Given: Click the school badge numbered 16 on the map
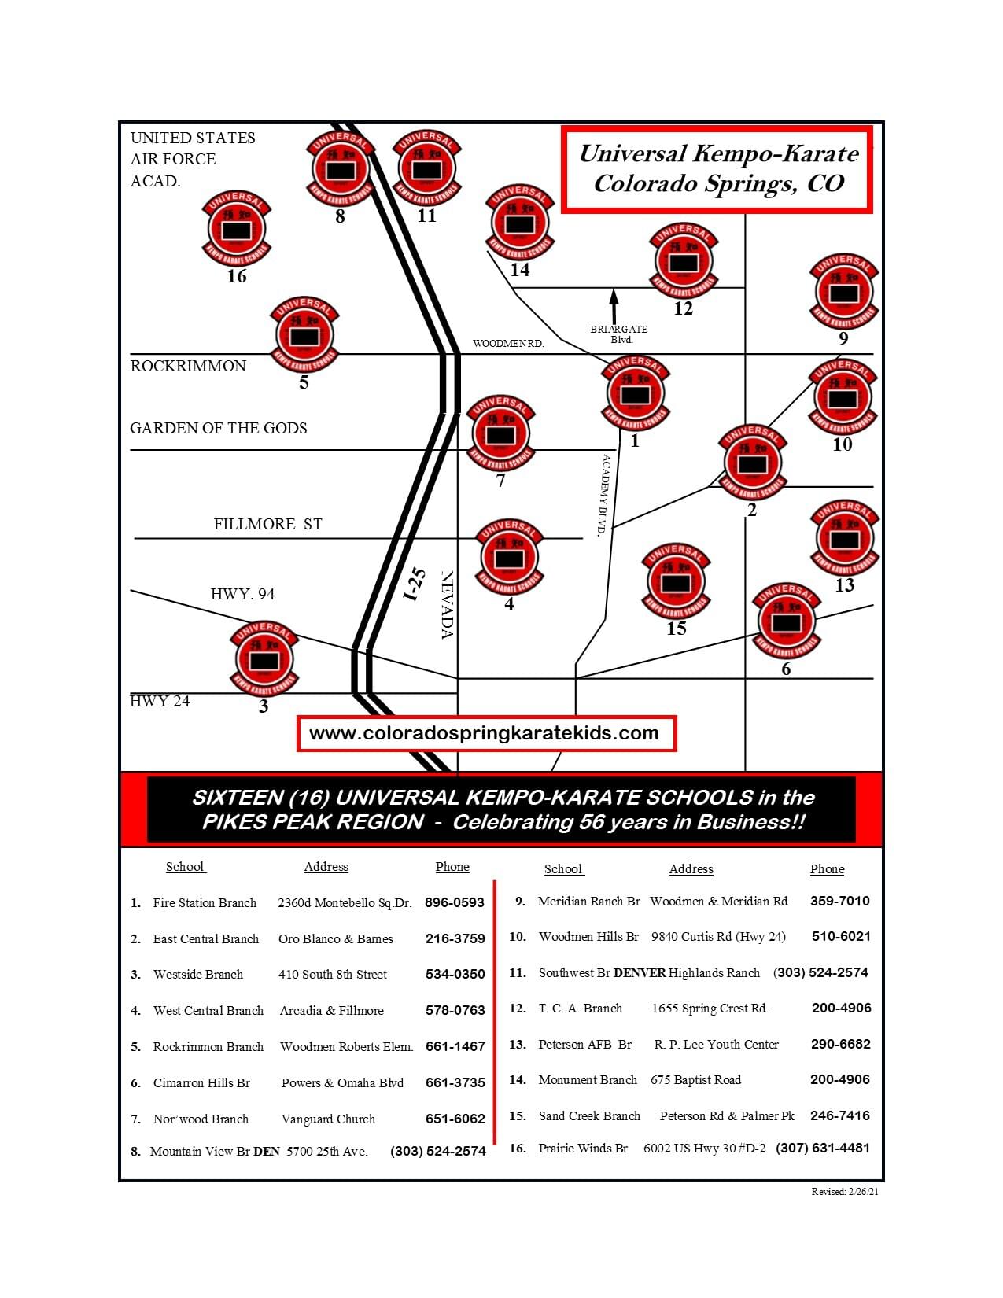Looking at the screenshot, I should (x=236, y=230).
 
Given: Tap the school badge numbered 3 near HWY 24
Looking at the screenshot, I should (x=264, y=659).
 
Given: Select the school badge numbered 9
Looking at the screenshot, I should (x=843, y=292).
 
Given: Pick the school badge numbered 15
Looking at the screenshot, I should (x=676, y=582).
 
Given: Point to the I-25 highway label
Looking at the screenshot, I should (x=415, y=584).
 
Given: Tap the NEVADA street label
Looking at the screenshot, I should (x=448, y=605).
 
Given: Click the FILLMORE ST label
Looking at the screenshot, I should (x=267, y=524).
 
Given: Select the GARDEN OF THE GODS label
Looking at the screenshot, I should (x=219, y=428).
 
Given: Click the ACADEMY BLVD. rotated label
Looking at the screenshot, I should (x=604, y=495).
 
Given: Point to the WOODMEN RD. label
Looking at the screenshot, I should (x=508, y=344).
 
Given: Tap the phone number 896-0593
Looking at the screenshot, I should (x=454, y=902).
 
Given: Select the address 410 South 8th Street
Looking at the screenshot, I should (x=333, y=974).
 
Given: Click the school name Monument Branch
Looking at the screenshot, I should (x=588, y=1079).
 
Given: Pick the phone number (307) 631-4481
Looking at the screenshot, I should (x=823, y=1148).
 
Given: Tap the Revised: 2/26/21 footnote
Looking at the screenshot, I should (x=845, y=1191).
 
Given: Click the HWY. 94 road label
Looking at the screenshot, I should (x=242, y=594).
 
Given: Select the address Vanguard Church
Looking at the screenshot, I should (x=328, y=1119).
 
